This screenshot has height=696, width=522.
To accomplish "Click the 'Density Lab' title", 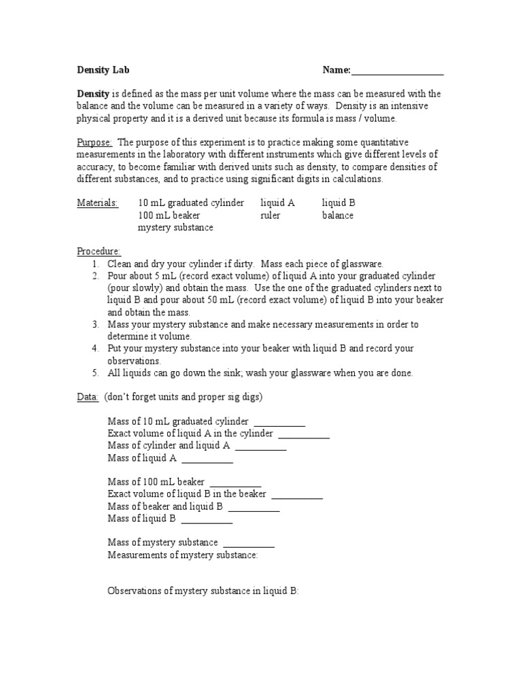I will point(103,70).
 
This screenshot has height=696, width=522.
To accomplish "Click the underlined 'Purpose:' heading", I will point(94,142).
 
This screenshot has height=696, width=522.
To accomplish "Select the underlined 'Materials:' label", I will point(97,203).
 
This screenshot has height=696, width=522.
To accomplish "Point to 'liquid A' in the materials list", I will point(277,203).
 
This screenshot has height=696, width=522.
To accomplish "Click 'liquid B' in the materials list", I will point(338,203).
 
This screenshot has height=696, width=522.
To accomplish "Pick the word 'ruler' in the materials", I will point(270,215).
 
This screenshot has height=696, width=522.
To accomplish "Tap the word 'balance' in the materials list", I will point(338,215).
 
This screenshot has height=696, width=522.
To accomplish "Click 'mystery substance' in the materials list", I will point(175,228).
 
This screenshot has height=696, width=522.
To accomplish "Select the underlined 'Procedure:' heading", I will point(99,251).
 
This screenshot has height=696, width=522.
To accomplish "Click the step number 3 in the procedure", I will point(96,324).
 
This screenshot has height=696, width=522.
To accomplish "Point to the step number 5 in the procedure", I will point(96,373).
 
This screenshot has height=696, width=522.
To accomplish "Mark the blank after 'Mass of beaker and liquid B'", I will point(254,508).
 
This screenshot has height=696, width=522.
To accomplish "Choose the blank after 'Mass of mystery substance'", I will point(249,544).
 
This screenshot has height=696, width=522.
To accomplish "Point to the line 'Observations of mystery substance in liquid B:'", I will point(203,591).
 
